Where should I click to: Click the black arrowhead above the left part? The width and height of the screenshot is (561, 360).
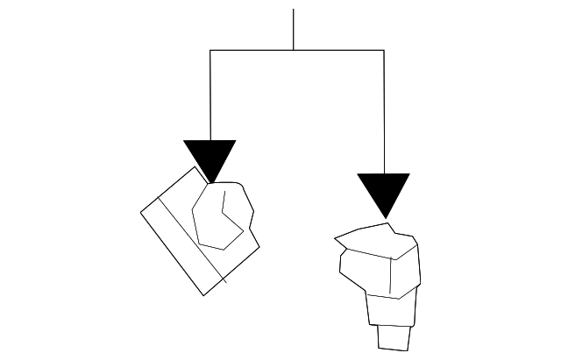tap(209, 157)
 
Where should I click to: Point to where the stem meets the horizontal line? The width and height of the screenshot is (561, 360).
tap(293, 50)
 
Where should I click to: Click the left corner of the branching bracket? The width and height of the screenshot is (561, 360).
tap(210, 50)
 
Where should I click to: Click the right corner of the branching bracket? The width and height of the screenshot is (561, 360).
tap(383, 50)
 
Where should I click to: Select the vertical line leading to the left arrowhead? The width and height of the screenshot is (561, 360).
tap(210, 96)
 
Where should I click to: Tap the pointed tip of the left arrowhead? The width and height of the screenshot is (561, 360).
tap(209, 182)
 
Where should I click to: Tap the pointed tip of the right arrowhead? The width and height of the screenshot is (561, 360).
tap(383, 217)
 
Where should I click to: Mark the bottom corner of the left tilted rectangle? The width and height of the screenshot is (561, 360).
tap(204, 295)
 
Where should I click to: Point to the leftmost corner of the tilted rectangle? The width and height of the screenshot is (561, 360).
tap(142, 211)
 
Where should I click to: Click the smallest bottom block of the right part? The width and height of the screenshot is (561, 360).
tap(393, 337)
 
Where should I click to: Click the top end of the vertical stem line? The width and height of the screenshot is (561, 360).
tap(293, 10)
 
